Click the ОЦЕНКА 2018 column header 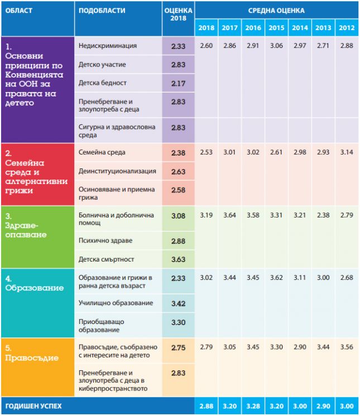pos(178,14)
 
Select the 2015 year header pos(276,28)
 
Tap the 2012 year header pos(347,28)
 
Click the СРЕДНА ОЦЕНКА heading pos(276,11)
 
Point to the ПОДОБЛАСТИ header pos(102,11)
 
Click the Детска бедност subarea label pos(103,83)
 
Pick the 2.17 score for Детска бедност pos(178,83)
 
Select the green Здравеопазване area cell pos(38,237)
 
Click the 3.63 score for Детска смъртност pos(178,259)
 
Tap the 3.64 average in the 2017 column pos(229,215)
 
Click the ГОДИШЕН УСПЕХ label pos(33,406)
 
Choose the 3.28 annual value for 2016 pos(253,406)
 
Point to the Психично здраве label pos(105,241)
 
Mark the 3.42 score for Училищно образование pos(178,303)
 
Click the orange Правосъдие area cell pos(38,367)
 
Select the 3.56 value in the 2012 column pos(347,347)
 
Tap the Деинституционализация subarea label pos(117,171)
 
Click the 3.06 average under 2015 pos(276,46)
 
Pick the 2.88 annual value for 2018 pos(207,406)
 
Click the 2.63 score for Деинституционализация pos(178,172)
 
